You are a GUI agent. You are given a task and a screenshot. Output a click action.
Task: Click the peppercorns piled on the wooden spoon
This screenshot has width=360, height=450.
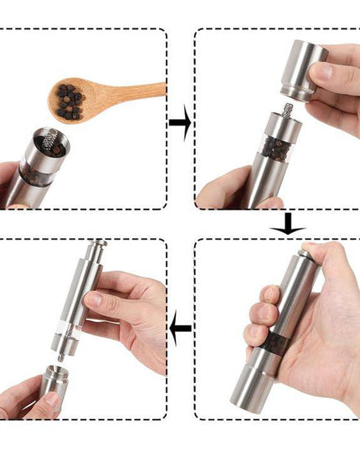tap(69, 99)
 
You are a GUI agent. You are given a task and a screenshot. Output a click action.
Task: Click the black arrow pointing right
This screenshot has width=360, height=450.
tap(179, 122)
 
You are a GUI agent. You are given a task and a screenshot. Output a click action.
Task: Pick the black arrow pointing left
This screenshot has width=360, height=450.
tap(180, 328)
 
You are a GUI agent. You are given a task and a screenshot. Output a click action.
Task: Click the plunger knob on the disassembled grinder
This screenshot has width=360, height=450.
tap(97, 249)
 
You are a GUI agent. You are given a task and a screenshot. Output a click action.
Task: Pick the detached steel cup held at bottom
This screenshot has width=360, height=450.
tap(45, 394)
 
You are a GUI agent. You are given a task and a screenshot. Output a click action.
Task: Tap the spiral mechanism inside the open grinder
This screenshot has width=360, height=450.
tap(55, 142)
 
